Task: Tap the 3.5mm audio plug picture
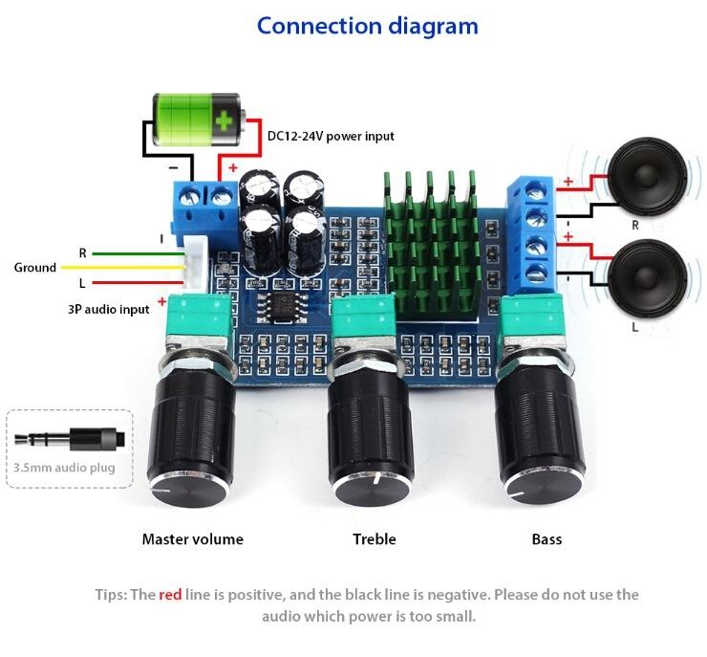(x=70, y=441)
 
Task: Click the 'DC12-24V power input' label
(x=331, y=136)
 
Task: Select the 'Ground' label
(x=35, y=268)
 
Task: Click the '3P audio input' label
(x=108, y=309)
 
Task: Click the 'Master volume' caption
(x=193, y=539)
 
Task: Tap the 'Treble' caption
(x=375, y=539)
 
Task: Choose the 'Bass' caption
(x=546, y=539)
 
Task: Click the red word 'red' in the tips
(x=170, y=595)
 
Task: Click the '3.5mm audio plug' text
(x=64, y=468)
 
